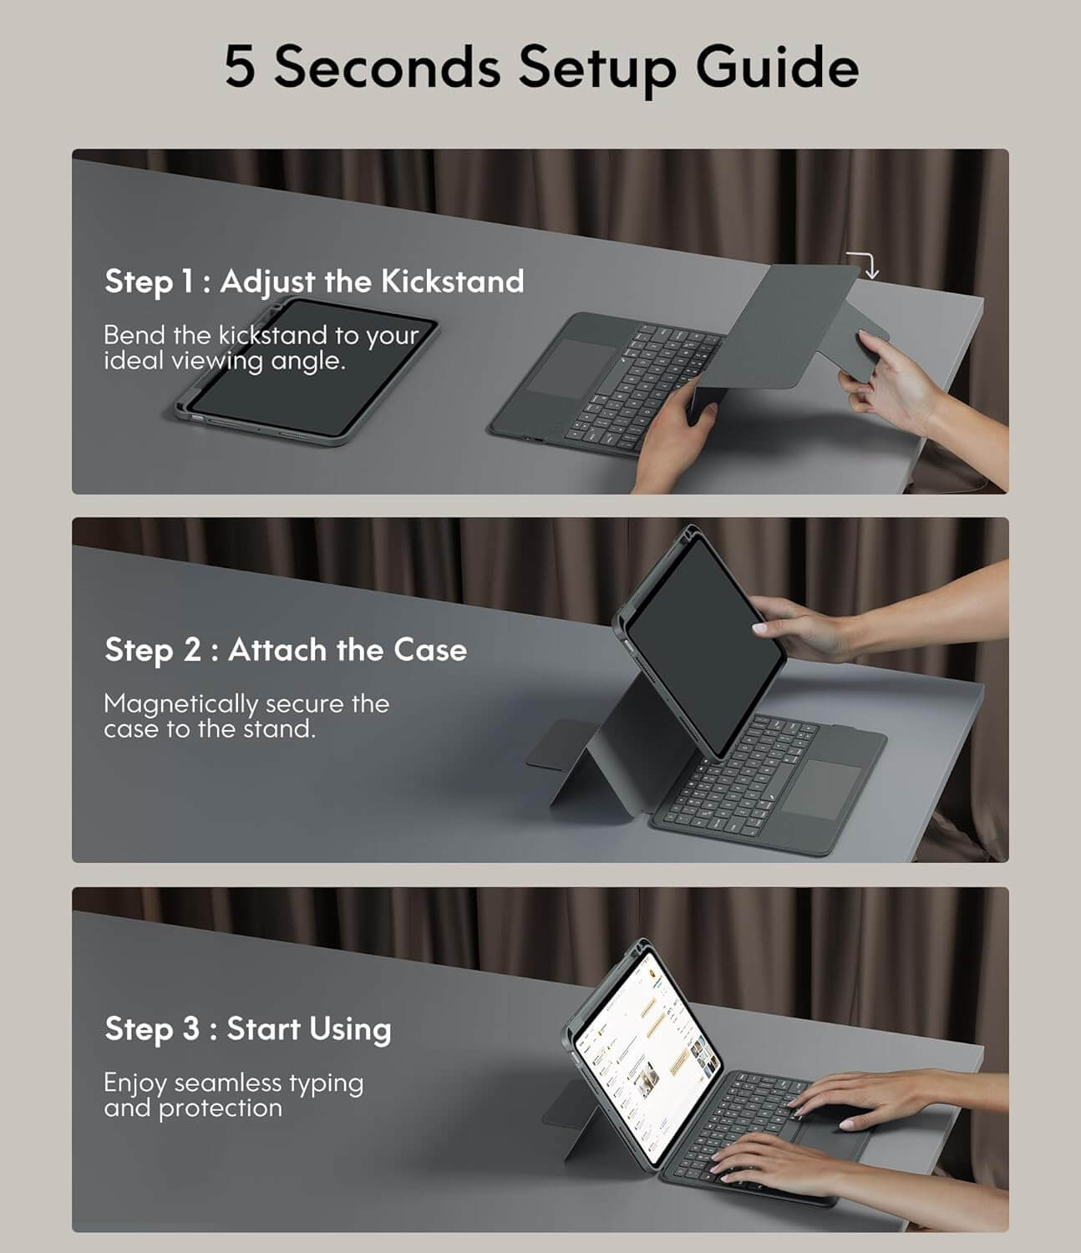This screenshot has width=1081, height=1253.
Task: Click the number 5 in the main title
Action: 240,67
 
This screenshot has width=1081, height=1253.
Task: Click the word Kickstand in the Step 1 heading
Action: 452,282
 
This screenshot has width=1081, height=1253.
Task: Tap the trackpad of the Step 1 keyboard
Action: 564,368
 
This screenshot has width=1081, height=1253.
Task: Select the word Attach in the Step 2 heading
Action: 277,650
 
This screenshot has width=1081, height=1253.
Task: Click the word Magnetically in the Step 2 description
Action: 180,704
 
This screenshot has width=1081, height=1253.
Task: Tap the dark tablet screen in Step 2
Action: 704,647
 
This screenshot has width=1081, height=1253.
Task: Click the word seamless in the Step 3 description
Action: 227,1083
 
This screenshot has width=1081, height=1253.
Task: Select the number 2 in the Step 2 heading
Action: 191,650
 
